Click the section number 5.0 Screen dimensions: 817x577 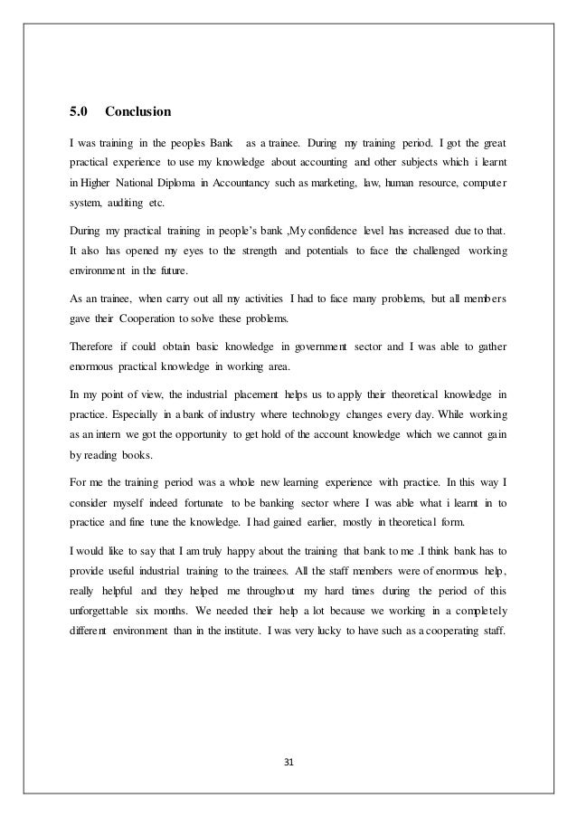tap(78, 114)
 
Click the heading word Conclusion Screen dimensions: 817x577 tap(138, 114)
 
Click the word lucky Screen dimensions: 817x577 tap(349, 605)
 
